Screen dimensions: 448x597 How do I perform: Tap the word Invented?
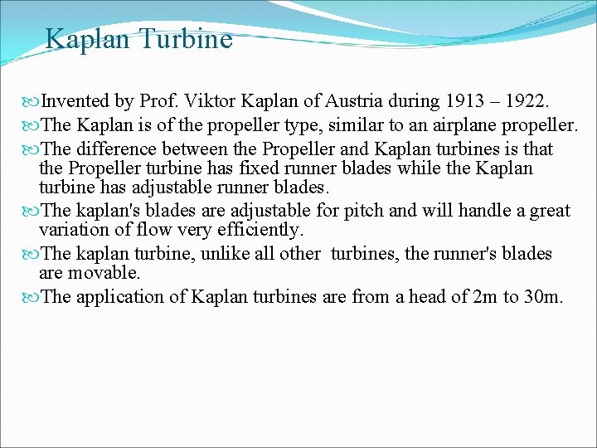(75, 101)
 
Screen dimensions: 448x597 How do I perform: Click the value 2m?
(481, 296)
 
